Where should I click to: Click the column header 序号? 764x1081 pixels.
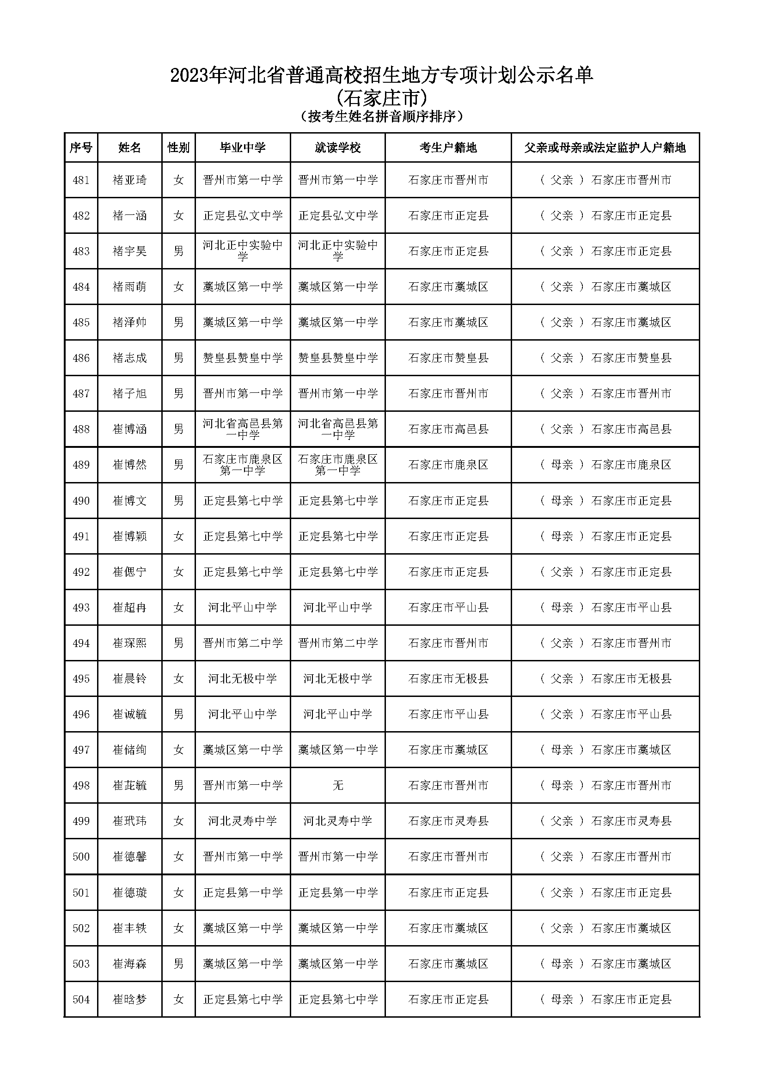[x=81, y=148]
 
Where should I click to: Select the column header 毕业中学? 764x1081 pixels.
[x=243, y=148]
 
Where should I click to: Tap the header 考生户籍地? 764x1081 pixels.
[x=448, y=148]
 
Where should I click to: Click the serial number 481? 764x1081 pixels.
[x=81, y=180]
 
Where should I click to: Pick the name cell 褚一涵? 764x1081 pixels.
[x=129, y=216]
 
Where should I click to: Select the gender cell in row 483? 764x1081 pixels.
[x=178, y=251]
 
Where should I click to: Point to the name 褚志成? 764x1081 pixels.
[x=129, y=358]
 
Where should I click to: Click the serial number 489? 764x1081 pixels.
[x=81, y=464]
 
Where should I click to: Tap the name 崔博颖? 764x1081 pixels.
[x=129, y=536]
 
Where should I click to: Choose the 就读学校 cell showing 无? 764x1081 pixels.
[x=337, y=785]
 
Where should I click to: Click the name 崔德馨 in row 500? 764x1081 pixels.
[x=129, y=856]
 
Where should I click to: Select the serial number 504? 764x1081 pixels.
[x=81, y=999]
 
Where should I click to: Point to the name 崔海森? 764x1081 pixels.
[x=129, y=964]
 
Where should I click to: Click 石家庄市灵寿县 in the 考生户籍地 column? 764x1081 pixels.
[x=448, y=821]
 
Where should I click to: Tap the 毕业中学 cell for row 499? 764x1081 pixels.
[x=243, y=821]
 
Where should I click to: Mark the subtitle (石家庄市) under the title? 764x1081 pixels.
[x=382, y=98]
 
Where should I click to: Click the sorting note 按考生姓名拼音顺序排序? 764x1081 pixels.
[x=382, y=116]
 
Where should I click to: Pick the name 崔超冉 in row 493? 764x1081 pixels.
[x=129, y=607]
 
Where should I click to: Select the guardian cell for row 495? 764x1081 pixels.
[x=605, y=678]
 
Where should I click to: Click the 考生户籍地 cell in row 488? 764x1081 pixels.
[x=448, y=429]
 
